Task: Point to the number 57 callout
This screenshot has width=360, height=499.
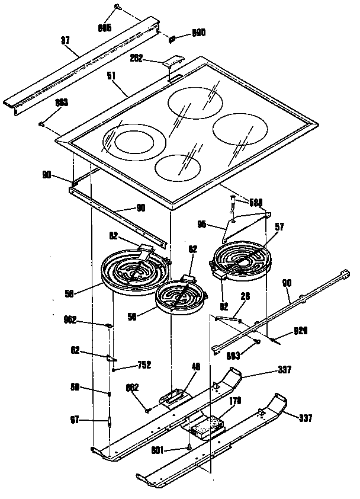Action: tap(279, 226)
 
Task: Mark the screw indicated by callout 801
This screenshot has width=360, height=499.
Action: tap(187, 446)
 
